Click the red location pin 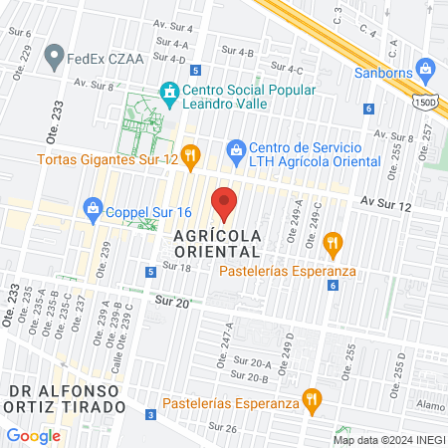point(225,203)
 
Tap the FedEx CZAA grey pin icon point(54,57)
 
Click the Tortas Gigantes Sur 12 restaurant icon point(192,155)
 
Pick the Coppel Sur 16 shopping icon point(93,208)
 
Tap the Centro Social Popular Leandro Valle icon point(170,91)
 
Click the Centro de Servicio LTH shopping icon point(236,149)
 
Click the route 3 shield point(150,414)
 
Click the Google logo point(34,435)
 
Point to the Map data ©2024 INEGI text point(386,440)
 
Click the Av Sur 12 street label point(386,203)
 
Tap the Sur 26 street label point(223,428)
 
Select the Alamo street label point(430,406)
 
